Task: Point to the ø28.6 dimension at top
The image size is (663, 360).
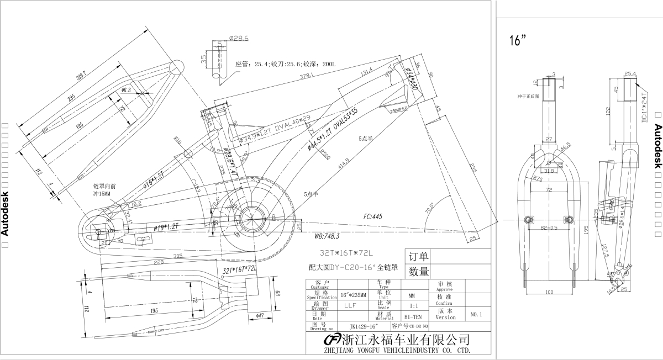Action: click(x=239, y=39)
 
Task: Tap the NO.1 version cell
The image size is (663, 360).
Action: click(x=477, y=314)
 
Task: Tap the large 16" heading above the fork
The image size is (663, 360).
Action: click(x=518, y=41)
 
